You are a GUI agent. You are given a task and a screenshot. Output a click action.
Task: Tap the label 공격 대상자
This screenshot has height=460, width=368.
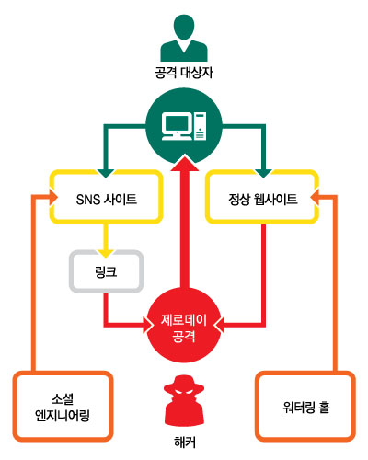(184, 73)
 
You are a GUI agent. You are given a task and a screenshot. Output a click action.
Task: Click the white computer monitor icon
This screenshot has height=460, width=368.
(177, 127)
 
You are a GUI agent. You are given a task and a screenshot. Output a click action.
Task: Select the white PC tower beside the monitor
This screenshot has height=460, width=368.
(200, 126)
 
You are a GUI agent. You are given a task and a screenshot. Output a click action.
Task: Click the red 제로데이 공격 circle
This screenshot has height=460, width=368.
(184, 326)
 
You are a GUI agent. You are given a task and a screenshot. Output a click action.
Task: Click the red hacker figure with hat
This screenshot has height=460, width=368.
(184, 401)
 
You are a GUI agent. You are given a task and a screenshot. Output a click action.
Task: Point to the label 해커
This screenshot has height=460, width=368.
(184, 443)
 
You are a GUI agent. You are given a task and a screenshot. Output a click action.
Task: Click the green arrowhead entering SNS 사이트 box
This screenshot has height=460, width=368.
(106, 173)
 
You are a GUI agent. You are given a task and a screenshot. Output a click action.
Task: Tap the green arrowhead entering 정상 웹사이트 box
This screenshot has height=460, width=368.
(263, 173)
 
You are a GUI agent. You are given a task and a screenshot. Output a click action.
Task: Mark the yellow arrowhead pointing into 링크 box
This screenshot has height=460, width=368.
(106, 253)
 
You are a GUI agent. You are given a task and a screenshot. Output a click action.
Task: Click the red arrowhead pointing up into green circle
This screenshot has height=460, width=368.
(185, 163)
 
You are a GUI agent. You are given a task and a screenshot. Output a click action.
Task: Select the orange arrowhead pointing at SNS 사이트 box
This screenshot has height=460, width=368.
(53, 197)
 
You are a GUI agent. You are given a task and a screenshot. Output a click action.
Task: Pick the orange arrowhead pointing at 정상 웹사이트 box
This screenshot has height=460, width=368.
(315, 197)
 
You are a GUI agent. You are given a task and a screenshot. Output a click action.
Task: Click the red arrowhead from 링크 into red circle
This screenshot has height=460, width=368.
(148, 325)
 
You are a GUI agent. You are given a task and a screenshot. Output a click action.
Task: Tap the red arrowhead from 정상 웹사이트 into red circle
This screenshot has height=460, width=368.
(220, 325)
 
